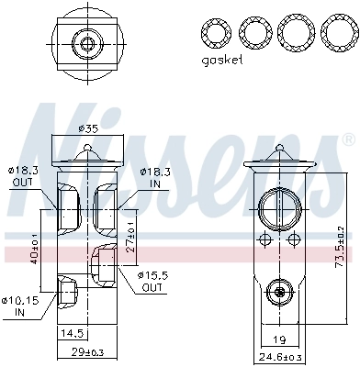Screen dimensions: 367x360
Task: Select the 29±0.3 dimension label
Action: click(x=89, y=353)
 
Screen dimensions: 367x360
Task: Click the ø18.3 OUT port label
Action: click(x=23, y=176)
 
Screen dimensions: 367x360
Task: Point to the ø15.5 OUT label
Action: click(x=152, y=281)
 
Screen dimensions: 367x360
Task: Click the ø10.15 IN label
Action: click(x=21, y=305)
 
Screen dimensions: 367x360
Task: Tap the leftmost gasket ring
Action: click(x=217, y=33)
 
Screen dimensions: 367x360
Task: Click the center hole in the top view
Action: click(x=89, y=42)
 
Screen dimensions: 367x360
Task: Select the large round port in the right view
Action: click(x=277, y=206)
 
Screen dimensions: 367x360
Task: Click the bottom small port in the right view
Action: click(x=277, y=293)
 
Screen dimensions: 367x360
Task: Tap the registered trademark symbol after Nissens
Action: click(x=347, y=140)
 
